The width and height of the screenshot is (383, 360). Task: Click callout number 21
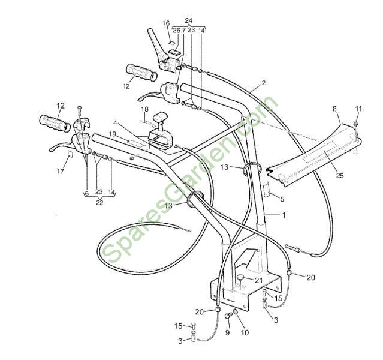[x=259, y=281]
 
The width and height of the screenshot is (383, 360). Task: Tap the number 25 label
[x=340, y=175]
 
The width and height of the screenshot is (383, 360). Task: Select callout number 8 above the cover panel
[x=335, y=109]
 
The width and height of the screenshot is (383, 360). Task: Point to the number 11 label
[x=358, y=109]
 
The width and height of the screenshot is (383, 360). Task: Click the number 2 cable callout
[x=263, y=83]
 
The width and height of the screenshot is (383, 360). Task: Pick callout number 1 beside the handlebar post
[x=284, y=215]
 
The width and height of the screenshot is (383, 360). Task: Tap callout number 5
[x=282, y=199]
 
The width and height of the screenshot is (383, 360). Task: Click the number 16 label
[x=166, y=23]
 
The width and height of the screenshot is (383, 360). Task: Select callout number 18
[x=145, y=109]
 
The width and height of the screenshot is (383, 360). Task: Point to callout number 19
[x=112, y=134]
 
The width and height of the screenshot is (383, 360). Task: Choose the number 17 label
[x=61, y=171]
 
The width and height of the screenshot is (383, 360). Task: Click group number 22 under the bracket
[x=99, y=203]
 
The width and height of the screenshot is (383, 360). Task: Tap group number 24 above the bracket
[x=189, y=20]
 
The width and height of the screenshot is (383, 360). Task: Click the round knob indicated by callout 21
[x=240, y=277]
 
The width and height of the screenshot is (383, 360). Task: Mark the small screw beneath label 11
[x=355, y=123]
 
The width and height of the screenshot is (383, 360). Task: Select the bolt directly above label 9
[x=228, y=316]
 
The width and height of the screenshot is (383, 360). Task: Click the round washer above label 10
[x=236, y=312]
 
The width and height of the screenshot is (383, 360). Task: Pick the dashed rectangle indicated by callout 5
[x=266, y=190]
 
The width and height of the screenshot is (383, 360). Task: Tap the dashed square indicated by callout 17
[x=70, y=155]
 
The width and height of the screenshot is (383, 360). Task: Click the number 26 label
[x=176, y=31]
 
